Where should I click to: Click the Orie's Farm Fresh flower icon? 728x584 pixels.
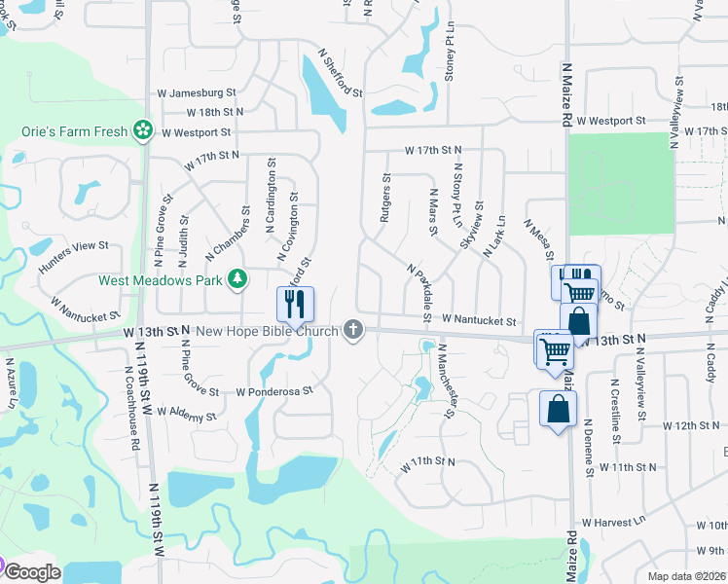point(143,129)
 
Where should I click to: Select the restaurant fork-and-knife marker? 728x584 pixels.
point(295,304)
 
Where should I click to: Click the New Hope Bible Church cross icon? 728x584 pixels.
point(354,332)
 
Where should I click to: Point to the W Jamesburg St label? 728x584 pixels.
point(197,93)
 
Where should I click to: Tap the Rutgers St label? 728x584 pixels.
point(386,199)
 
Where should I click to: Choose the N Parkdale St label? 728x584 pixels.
point(419,290)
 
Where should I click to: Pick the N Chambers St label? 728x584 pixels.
point(223,237)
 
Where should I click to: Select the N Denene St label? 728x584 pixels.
point(590,448)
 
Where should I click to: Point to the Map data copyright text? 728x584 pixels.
point(687,576)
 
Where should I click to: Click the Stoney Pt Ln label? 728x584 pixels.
point(450,59)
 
